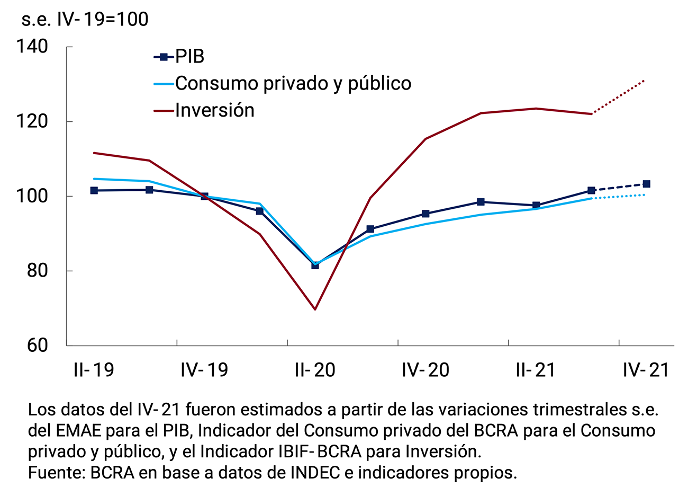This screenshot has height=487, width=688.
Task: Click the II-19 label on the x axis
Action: tap(94, 369)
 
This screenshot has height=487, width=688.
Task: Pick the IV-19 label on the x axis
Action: tap(204, 369)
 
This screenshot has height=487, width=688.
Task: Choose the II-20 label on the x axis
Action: tap(315, 369)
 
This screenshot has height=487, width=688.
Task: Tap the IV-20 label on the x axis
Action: tap(426, 369)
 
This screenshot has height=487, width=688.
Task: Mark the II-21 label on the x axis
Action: tap(536, 369)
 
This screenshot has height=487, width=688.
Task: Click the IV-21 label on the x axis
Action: tap(646, 369)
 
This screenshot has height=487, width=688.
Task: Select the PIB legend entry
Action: tap(189, 57)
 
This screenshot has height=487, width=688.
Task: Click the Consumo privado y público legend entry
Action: tap(293, 83)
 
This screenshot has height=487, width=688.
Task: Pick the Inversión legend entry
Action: tap(214, 110)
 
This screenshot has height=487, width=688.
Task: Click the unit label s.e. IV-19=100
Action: tap(85, 20)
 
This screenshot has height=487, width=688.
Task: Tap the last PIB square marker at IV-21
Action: tap(646, 184)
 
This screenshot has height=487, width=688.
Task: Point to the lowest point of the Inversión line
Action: tap(315, 309)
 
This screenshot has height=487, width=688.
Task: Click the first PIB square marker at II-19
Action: tap(94, 190)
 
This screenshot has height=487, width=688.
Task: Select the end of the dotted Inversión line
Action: tap(645, 80)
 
